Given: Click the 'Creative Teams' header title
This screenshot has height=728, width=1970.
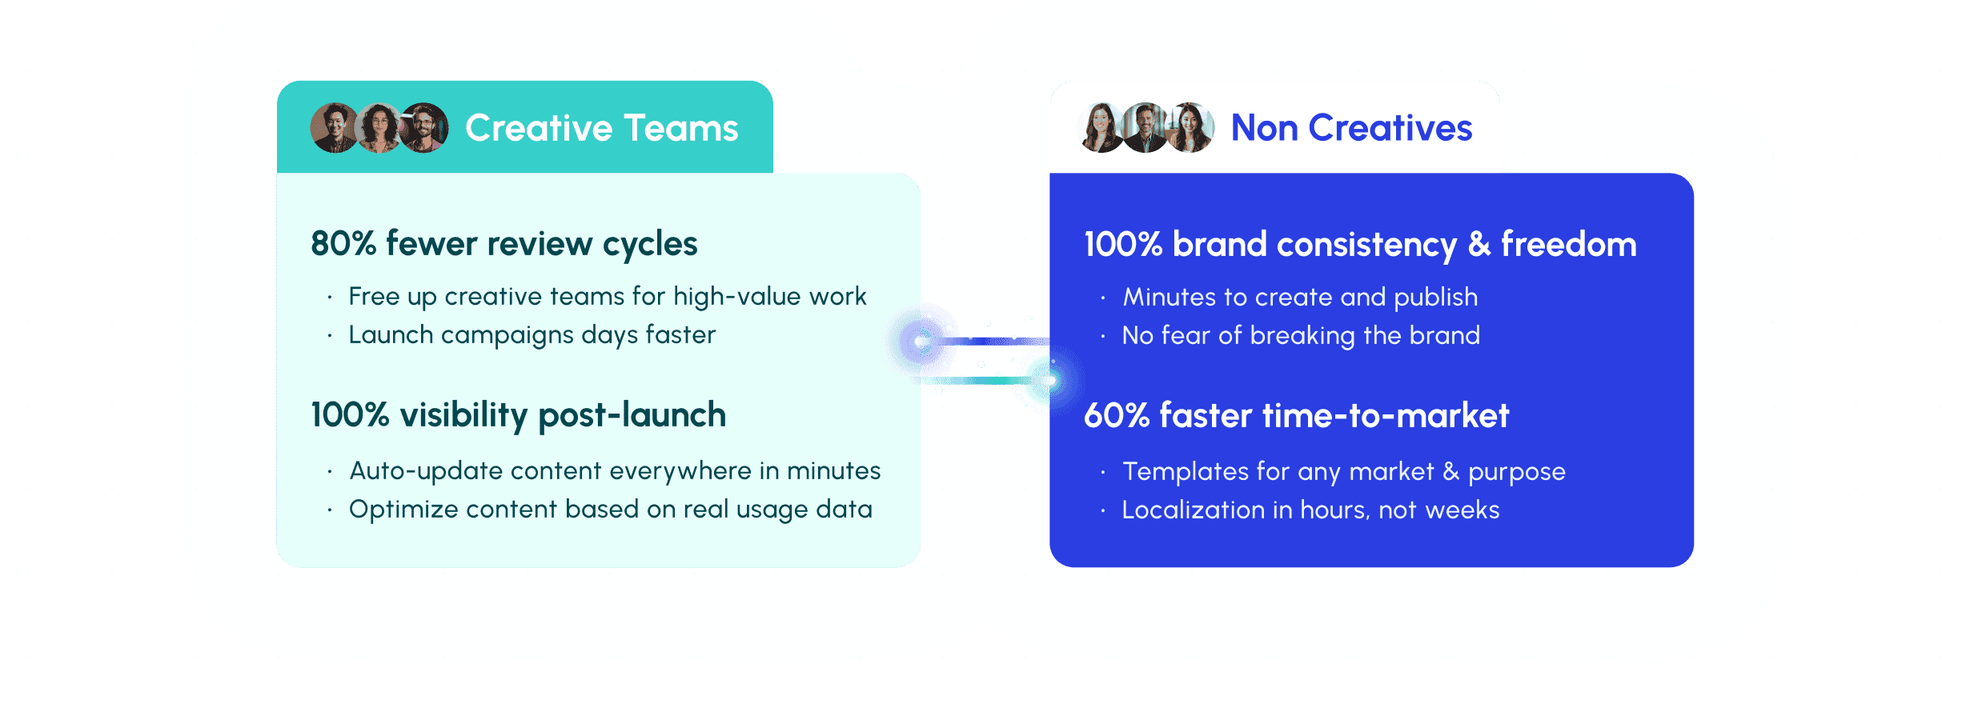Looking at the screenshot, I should [601, 128].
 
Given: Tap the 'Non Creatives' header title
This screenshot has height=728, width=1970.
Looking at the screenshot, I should [1351, 128].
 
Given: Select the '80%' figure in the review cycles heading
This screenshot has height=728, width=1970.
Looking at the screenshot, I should [343, 243].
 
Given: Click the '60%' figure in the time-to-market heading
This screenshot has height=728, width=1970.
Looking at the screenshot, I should [1116, 415].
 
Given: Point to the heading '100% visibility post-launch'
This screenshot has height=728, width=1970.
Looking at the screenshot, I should [518, 415].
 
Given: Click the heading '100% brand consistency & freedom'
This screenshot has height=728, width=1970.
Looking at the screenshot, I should [1360, 244].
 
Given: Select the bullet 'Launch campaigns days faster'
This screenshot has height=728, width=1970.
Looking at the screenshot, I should [532, 334].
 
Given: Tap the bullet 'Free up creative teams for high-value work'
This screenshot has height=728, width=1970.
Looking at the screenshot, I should [607, 296].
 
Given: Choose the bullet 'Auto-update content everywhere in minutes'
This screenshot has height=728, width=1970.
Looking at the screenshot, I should [615, 470].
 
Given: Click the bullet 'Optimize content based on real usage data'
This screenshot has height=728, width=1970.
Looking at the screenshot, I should [610, 509].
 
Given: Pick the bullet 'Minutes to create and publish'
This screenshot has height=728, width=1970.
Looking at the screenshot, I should [1300, 297].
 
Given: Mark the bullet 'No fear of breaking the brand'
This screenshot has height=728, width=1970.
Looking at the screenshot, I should [1301, 335].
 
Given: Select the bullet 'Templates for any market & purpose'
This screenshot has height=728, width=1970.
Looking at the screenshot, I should [1343, 471].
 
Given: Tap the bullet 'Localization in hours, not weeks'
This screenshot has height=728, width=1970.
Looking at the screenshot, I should [1310, 510].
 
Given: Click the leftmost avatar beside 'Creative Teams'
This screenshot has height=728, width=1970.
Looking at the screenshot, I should [334, 128].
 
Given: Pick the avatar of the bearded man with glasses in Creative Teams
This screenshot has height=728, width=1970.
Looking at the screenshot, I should [424, 128].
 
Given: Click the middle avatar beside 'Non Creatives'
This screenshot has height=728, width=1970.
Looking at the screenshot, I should [1146, 128].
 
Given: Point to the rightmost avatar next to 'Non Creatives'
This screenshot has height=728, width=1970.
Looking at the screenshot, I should [1190, 128].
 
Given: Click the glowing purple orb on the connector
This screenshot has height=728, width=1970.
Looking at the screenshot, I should [921, 342].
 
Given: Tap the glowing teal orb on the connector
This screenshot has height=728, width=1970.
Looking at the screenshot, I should [1048, 381].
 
